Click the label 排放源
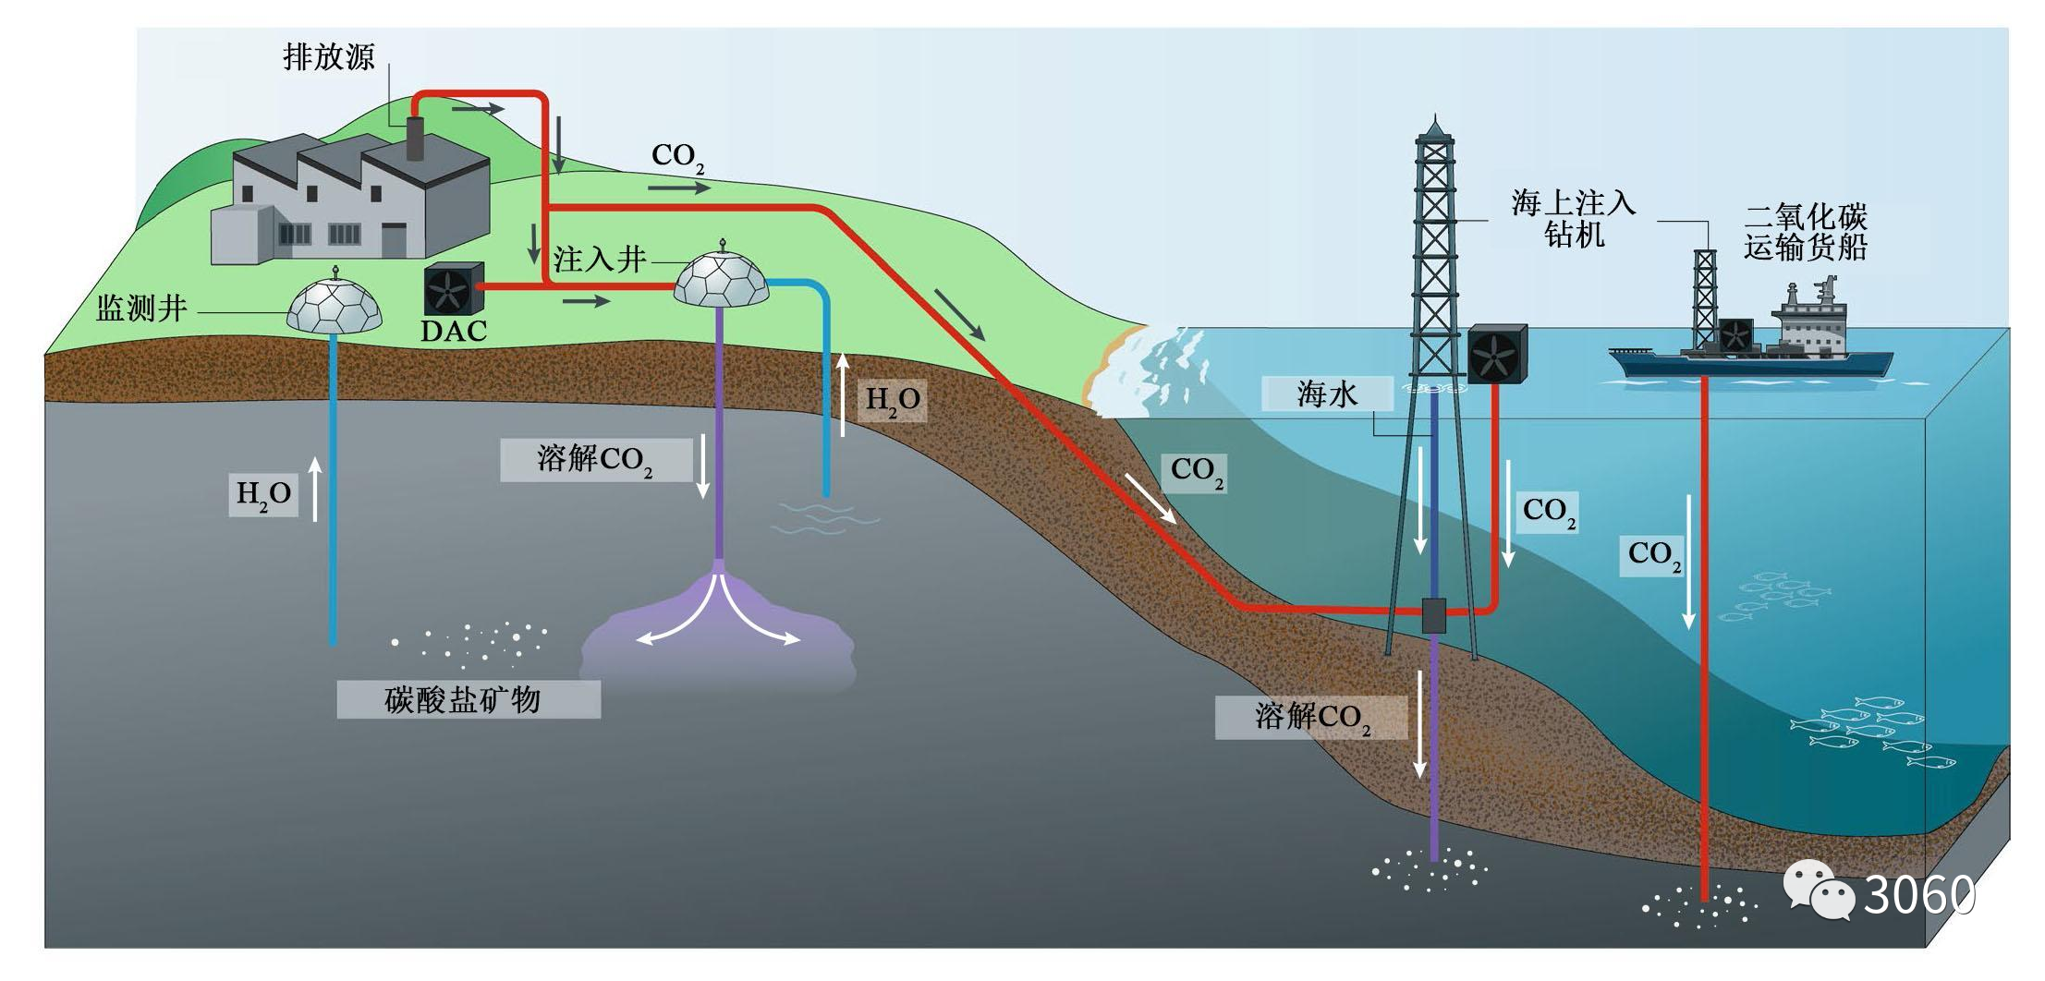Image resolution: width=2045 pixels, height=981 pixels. click(x=328, y=57)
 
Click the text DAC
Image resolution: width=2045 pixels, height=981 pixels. click(x=453, y=331)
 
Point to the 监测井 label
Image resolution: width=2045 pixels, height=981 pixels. click(x=141, y=309)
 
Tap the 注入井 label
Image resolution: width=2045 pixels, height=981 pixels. click(x=599, y=260)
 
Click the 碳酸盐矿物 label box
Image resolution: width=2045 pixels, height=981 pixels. click(x=468, y=699)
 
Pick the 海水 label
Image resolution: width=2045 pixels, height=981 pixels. click(x=1327, y=394)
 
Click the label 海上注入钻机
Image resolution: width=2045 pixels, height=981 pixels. click(x=1573, y=218)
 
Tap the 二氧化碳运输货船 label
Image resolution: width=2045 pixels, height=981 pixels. click(x=1805, y=232)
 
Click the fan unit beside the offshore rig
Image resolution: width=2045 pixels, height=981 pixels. click(x=1496, y=354)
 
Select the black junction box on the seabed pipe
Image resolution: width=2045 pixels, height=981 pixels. click(x=1433, y=615)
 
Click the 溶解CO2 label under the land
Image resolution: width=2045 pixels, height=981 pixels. click(x=596, y=460)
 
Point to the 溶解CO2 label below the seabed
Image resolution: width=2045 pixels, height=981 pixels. click(x=1311, y=718)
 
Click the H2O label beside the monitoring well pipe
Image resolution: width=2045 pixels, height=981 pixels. click(x=263, y=495)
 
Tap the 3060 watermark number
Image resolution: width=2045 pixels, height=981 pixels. click(x=1918, y=894)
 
